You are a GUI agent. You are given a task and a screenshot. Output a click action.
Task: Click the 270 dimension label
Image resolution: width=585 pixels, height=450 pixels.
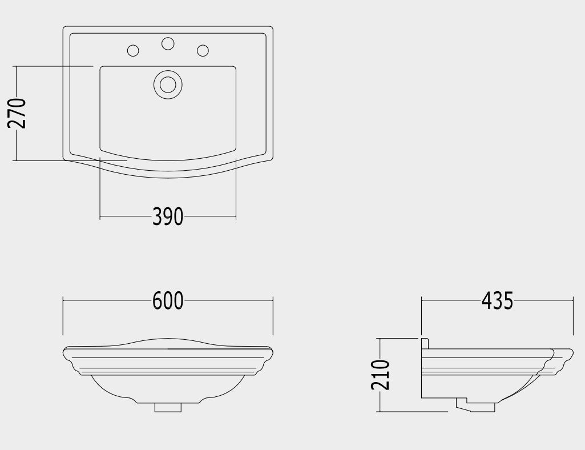[17, 113]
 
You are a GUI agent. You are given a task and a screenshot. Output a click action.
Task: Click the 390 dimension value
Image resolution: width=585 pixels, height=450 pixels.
[168, 216]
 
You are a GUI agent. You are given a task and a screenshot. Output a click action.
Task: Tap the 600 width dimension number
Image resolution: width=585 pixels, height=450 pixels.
[168, 300]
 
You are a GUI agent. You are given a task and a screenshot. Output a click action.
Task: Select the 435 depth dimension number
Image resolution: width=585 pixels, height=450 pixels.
[497, 300]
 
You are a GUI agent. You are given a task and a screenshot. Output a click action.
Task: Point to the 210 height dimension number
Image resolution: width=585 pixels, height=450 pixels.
[380, 375]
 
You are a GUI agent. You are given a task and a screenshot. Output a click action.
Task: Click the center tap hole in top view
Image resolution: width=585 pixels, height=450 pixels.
[168, 43]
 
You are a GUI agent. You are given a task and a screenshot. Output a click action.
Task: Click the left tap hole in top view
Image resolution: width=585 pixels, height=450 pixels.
[133, 50]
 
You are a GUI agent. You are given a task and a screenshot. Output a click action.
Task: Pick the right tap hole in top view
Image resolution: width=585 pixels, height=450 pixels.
[203, 50]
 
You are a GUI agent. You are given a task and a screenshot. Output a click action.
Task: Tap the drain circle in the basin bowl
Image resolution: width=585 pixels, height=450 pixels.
[168, 85]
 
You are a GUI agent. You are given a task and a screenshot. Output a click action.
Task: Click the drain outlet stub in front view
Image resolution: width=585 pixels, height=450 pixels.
[168, 407]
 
